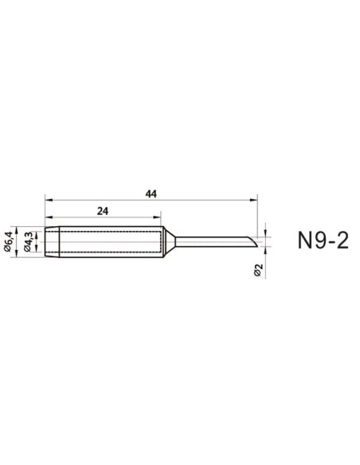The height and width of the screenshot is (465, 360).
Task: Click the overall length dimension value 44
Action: coord(151,193)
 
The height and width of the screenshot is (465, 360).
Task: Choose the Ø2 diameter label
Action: coord(258,272)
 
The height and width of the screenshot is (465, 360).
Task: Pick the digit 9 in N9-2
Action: coord(320,241)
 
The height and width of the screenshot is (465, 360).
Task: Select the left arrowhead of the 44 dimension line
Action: coord(49,199)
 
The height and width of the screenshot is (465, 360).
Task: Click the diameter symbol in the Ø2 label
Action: coord(258,275)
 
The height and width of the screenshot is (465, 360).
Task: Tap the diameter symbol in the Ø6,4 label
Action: coord(10,250)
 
